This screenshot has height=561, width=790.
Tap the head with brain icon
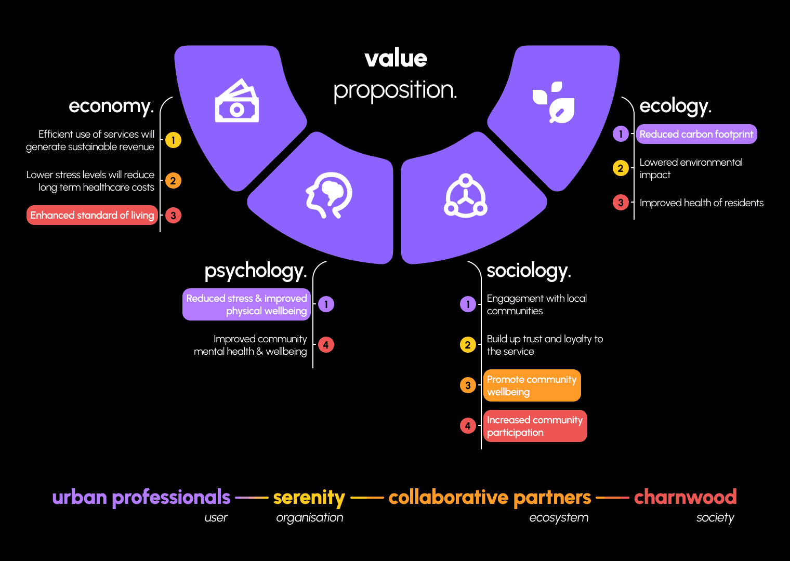coord(328,195)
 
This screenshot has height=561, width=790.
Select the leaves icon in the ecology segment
coord(554,102)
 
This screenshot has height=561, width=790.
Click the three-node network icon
coord(465,196)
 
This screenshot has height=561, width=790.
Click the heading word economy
coord(111,106)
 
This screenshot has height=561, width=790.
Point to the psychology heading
coord(255,271)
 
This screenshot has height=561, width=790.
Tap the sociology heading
coord(529,271)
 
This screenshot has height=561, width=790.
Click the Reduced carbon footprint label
coord(696,135)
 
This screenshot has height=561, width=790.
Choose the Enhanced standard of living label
coord(92,215)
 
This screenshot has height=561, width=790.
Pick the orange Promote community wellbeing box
coord(532,385)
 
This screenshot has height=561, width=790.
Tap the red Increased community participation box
coord(535,426)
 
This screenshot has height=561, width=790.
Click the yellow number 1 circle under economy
coord(173,140)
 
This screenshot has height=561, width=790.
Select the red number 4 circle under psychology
coord(326,345)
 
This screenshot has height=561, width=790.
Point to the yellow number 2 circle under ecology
coord(621,168)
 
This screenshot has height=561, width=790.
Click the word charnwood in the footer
coord(685,497)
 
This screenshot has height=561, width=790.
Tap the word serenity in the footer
coord(309,498)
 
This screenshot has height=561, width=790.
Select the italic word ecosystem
coord(559,517)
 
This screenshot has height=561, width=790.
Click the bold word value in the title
coord(396,59)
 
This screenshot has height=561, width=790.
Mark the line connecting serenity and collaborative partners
coord(367,498)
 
